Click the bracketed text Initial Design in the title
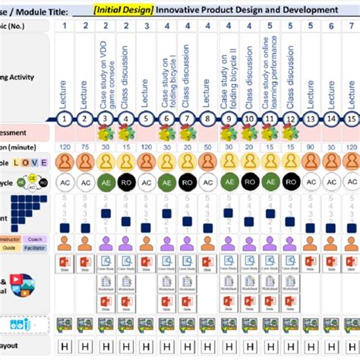(122, 9)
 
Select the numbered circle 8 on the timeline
(207, 118)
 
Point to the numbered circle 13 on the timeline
(310, 118)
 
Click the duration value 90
(310, 147)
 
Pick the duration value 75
(85, 147)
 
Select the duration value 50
(248, 147)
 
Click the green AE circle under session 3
(106, 182)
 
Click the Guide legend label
(9, 248)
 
